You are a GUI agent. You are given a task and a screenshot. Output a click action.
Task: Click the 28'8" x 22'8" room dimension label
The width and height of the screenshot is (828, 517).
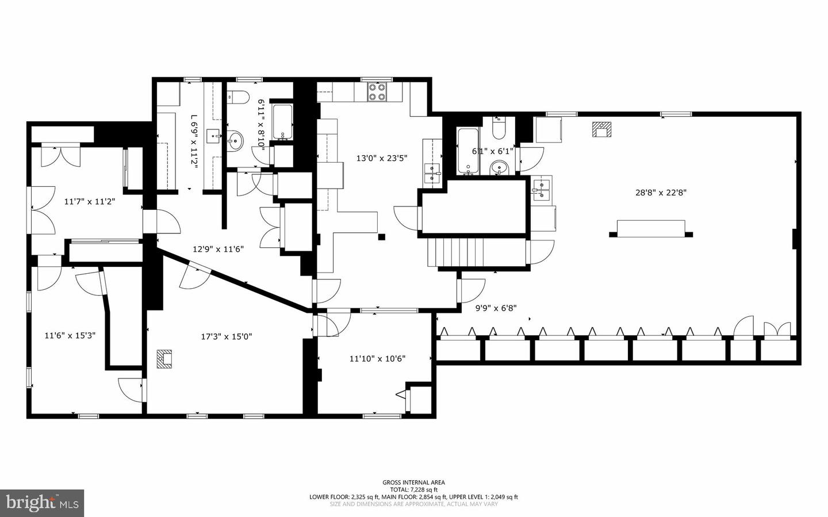(x=661, y=193)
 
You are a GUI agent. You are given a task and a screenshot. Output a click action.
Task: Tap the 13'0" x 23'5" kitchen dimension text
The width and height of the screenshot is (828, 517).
(x=382, y=158)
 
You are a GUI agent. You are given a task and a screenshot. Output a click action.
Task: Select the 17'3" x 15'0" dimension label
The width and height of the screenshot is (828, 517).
(x=226, y=336)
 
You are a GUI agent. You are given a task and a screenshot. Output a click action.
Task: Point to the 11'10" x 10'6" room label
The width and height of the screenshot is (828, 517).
(x=377, y=358)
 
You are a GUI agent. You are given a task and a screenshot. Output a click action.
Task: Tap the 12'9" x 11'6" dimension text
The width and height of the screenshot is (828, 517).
(x=218, y=249)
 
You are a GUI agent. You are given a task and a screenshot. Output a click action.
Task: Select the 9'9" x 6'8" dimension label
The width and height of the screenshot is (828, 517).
(x=496, y=308)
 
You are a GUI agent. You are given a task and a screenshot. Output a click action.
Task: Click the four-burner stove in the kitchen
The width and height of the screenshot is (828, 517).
(x=377, y=92)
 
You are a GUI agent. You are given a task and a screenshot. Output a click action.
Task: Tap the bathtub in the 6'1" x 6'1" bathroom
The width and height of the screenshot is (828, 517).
(x=467, y=151)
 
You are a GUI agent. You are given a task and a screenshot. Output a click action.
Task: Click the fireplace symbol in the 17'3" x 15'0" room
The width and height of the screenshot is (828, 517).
(x=164, y=359)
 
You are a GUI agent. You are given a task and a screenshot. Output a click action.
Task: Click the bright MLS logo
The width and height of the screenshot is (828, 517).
(x=42, y=503)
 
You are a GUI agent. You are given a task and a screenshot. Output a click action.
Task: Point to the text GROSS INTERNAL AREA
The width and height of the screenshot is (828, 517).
(x=413, y=482)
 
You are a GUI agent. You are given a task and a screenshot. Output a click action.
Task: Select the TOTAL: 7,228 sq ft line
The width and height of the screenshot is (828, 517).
(x=413, y=490)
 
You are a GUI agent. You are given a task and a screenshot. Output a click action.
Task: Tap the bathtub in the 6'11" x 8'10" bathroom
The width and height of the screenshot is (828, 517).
(x=282, y=122)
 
